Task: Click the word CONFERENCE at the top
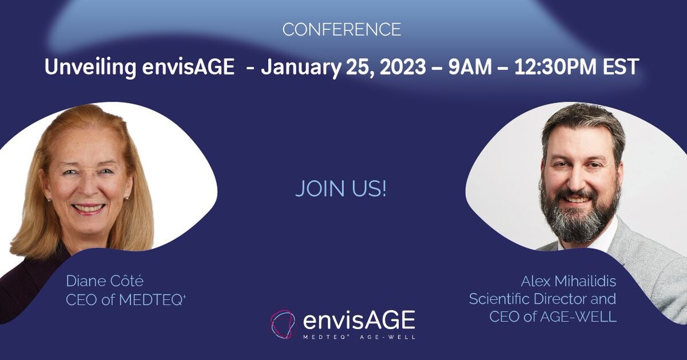pyautogui.click(x=341, y=30)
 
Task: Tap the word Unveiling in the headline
pyautogui.click(x=91, y=67)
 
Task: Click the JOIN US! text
pyautogui.click(x=341, y=189)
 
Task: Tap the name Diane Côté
pyautogui.click(x=105, y=281)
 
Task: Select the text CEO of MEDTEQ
pyautogui.click(x=125, y=300)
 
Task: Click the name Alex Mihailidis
pyautogui.click(x=568, y=281)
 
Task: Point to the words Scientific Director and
pyautogui.click(x=543, y=299)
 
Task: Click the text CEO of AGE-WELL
pyautogui.click(x=552, y=316)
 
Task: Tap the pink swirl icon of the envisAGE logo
pyautogui.click(x=282, y=324)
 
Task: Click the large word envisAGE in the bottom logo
pyautogui.click(x=359, y=320)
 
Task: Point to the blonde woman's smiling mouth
pyautogui.click(x=88, y=208)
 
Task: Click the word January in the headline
pyautogui.click(x=301, y=67)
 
